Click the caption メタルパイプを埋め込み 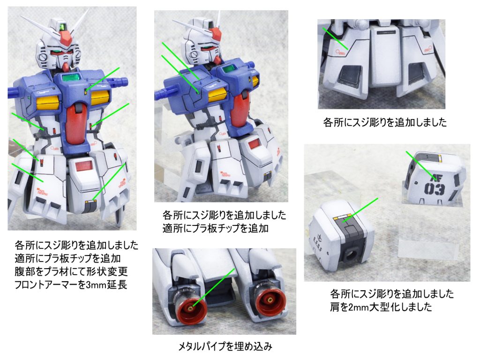pyautogui.click(x=225, y=346)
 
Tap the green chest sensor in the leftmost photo pyautogui.click(x=71, y=77)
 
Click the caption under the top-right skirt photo pyautogui.click(x=385, y=122)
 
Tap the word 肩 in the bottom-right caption pyautogui.click(x=334, y=307)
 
